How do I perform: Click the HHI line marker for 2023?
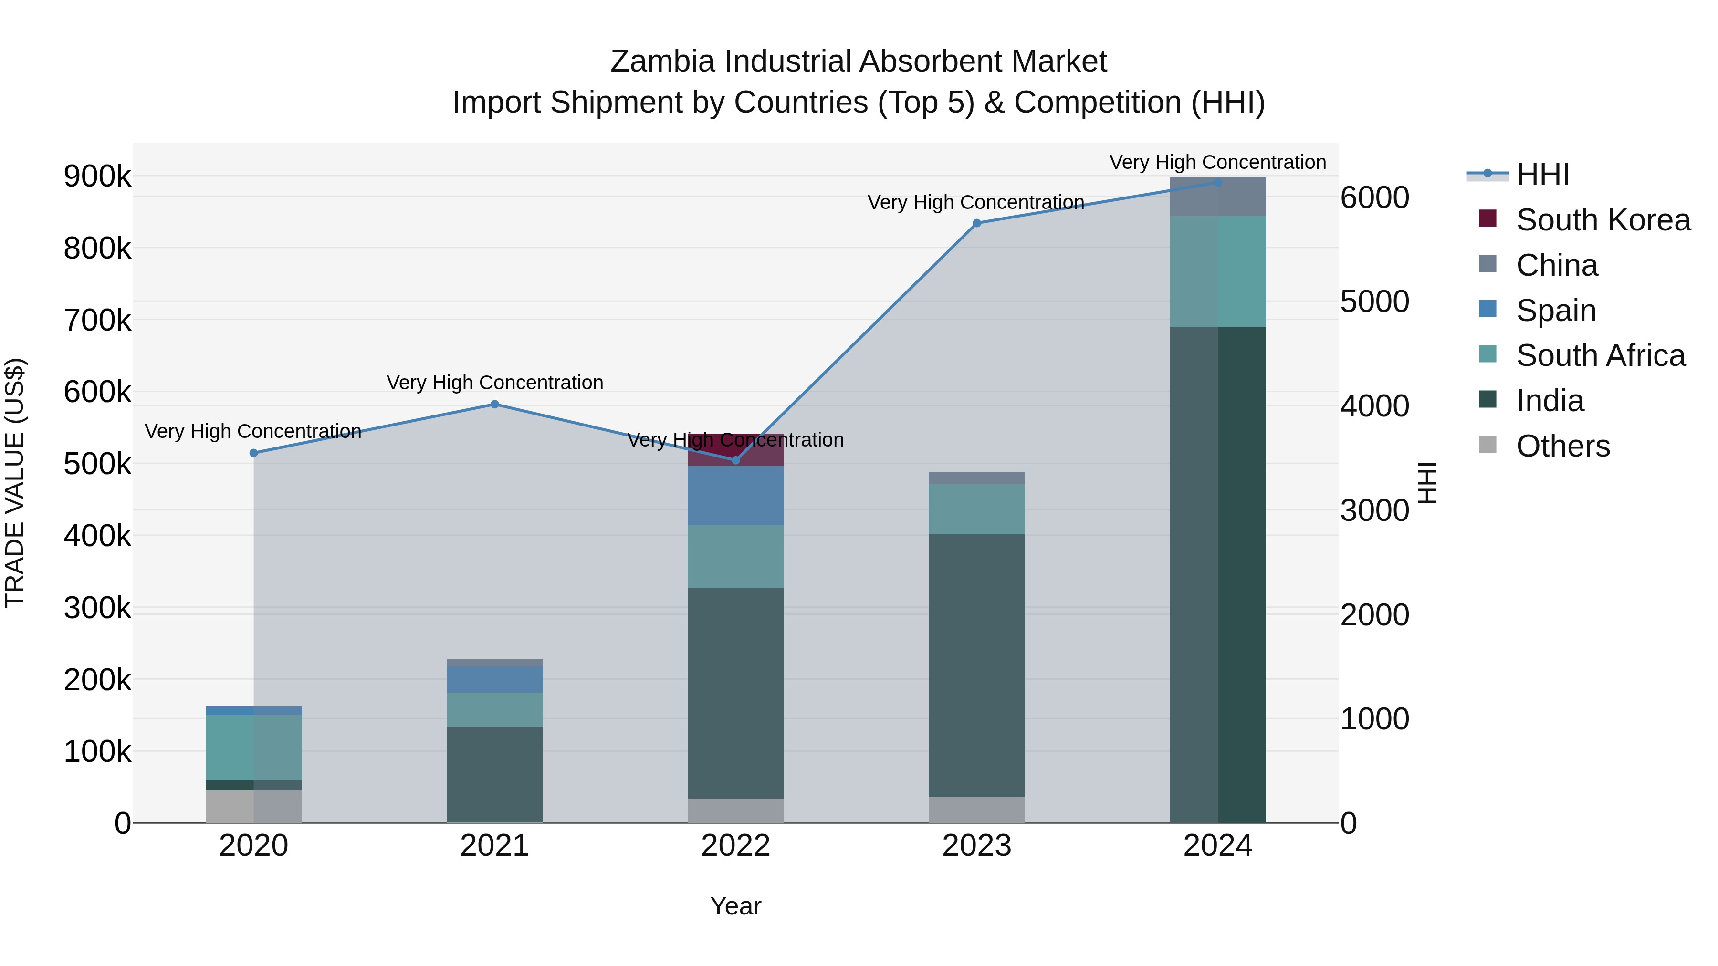[x=976, y=223]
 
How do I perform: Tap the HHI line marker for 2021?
[x=495, y=404]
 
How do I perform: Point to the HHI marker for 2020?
[x=253, y=453]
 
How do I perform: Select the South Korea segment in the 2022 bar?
[x=735, y=449]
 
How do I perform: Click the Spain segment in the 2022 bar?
[x=735, y=495]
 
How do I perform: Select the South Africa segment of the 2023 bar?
[x=976, y=509]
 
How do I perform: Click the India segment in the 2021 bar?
[x=495, y=774]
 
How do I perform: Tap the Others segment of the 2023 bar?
[x=976, y=810]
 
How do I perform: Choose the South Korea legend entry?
[x=1603, y=220]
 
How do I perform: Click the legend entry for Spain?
[x=1556, y=311]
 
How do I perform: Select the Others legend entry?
[x=1562, y=446]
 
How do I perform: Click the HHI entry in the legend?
[x=1542, y=175]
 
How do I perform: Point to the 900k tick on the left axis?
[x=97, y=177]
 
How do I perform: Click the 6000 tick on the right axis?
[x=1375, y=198]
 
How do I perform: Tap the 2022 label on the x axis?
[x=735, y=846]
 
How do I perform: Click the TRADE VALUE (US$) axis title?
[x=15, y=483]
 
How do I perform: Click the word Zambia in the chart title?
[x=662, y=62]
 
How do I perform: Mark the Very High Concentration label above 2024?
[x=1218, y=162]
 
